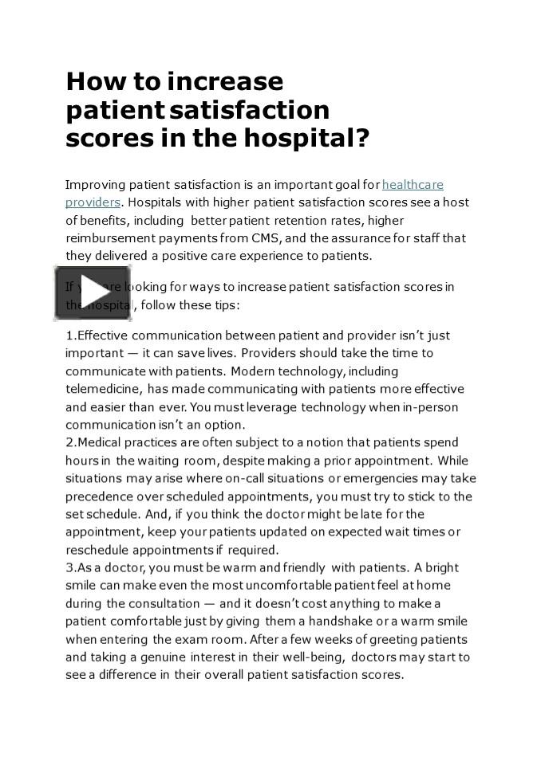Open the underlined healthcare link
(413, 185)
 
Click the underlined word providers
(93, 202)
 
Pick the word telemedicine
(104, 389)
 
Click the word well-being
(305, 657)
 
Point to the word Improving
(95, 185)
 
